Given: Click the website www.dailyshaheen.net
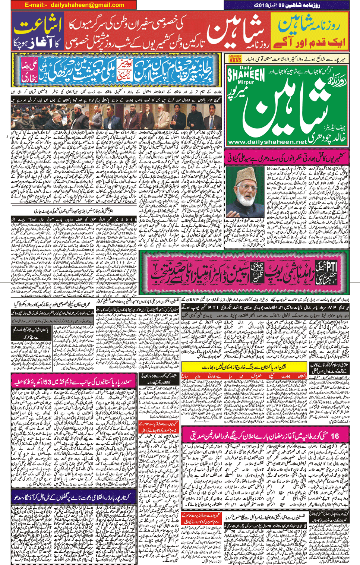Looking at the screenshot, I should point(267,142).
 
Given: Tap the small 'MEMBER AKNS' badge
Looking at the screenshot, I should point(235,59).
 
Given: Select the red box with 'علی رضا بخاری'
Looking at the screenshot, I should point(29,70).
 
